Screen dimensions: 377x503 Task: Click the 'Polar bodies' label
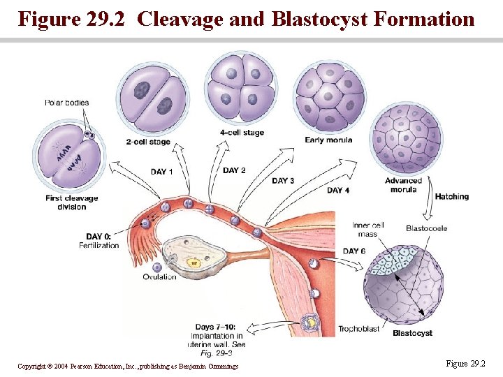pos(67,103)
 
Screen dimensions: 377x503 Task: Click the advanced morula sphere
pos(407,138)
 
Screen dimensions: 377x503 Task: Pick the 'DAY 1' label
pos(162,172)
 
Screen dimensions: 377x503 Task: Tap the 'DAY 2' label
pos(234,170)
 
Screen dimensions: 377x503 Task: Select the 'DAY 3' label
pos(283,181)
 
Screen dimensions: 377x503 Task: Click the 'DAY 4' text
pos(338,190)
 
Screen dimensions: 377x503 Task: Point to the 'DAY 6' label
pos(354,251)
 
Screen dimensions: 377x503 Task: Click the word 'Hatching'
pos(452,197)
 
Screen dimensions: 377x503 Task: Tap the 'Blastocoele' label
pos(426,228)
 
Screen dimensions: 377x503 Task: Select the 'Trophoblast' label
pos(358,328)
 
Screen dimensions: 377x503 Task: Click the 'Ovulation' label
pos(160,277)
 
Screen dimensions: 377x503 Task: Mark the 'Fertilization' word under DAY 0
pos(99,246)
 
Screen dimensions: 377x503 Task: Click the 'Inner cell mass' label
pos(368,230)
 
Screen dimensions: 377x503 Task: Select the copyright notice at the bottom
pos(128,366)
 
